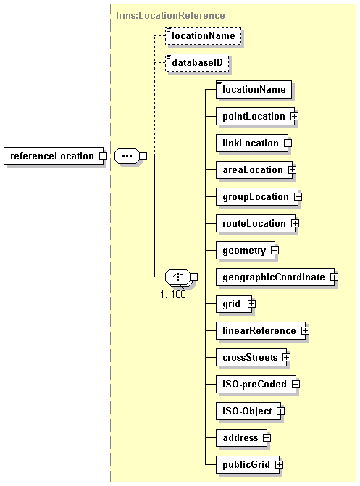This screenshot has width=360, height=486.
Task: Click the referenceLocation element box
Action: coord(54,156)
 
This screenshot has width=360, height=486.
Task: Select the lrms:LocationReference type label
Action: coord(170,15)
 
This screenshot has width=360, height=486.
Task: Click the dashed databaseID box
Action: coord(197,62)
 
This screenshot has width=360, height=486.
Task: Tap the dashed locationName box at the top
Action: coord(203,36)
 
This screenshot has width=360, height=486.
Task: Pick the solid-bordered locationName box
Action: coord(254,90)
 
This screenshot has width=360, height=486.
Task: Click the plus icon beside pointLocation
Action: coord(294,116)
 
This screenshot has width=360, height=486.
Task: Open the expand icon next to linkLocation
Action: coord(288,143)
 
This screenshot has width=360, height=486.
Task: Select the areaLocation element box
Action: coord(254,170)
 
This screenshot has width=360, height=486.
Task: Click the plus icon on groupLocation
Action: coord(298,197)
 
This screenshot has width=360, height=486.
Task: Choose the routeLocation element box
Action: coord(256,224)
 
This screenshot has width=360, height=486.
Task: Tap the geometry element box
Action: coord(246,251)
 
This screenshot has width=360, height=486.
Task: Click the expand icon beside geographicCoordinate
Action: coord(334,277)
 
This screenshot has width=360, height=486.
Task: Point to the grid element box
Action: coord(234,304)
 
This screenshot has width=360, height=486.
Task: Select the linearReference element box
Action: coord(261,331)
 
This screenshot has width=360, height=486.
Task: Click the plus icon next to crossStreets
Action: coord(286,358)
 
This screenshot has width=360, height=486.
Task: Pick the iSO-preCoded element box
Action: coord(256,385)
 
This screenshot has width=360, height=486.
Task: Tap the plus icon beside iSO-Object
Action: coord(280,411)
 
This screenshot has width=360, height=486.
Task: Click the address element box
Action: coord(241,438)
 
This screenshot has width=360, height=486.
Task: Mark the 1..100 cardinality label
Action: coord(173,294)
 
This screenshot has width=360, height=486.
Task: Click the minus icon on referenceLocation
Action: coord(103,156)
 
